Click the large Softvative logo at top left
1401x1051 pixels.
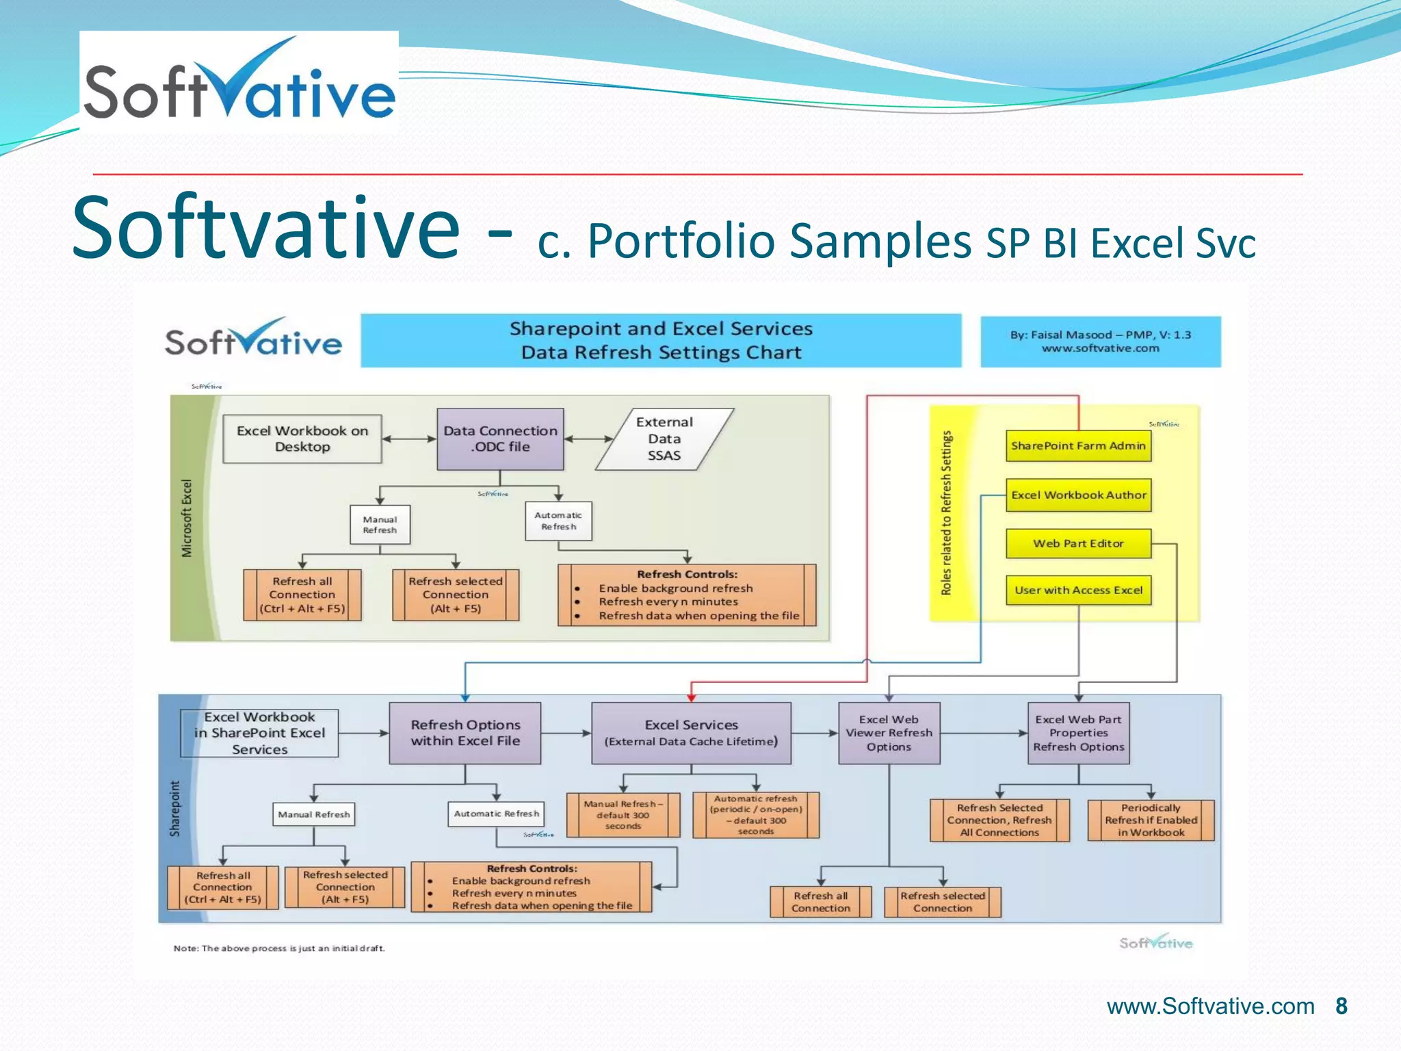coord(239,82)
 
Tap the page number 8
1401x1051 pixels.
coord(1341,1006)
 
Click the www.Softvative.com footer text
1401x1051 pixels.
coord(1210,1007)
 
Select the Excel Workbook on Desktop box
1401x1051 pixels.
coord(302,439)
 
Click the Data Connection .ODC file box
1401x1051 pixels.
coord(500,439)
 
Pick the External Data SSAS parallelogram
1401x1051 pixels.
coord(664,439)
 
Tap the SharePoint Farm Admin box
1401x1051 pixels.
coord(1078,445)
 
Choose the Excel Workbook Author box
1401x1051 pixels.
coord(1078,495)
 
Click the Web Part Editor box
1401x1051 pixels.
coord(1078,543)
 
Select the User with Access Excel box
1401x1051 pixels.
coord(1078,590)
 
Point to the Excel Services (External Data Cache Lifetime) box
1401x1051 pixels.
coord(691,733)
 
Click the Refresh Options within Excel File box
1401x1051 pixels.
coord(465,733)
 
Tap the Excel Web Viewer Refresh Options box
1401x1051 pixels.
coord(889,733)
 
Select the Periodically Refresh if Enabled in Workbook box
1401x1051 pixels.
coord(1151,820)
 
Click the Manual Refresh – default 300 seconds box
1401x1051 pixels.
coord(623,815)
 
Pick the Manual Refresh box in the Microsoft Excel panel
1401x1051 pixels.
coord(380,525)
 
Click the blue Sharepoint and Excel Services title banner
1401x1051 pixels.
coord(661,340)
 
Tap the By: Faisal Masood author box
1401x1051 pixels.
coord(1100,341)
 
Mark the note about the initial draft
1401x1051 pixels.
coord(279,948)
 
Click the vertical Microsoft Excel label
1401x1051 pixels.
coord(187,518)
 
